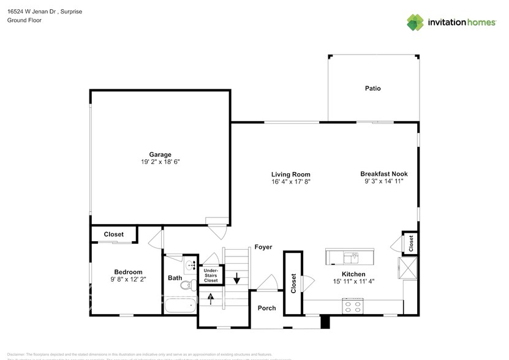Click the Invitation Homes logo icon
415,22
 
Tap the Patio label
372,89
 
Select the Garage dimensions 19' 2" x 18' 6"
160,162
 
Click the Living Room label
291,174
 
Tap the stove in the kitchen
353,306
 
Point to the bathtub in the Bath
180,304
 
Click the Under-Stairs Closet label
211,275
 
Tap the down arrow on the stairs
236,279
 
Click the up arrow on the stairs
211,299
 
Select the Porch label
266,308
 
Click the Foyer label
263,247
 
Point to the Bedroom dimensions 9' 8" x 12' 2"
128,279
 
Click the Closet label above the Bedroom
113,234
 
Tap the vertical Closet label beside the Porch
293,283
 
